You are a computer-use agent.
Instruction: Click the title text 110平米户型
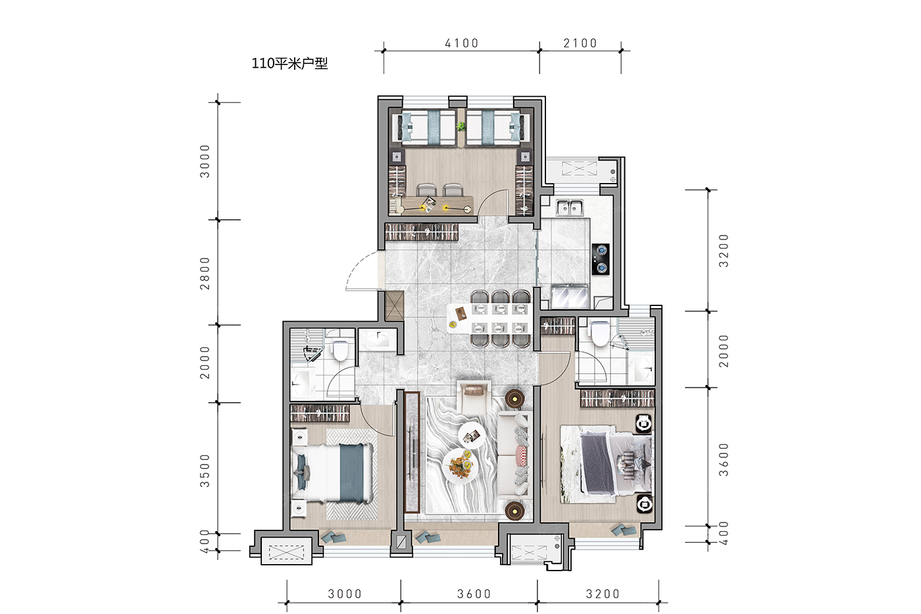[x=289, y=63]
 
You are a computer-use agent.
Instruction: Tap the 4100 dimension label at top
[x=462, y=43]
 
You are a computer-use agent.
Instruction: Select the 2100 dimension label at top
[x=580, y=43]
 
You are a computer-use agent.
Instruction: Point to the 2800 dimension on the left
[x=205, y=273]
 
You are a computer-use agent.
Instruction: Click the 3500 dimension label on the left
[x=205, y=471]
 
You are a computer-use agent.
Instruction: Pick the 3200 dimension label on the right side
[x=723, y=251]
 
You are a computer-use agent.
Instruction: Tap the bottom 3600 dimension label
[x=474, y=594]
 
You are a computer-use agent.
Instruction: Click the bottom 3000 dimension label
[x=345, y=594]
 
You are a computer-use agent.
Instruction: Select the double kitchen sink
[x=570, y=207]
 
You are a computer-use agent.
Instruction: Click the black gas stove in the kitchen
[x=601, y=259]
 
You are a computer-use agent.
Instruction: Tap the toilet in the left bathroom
[x=340, y=349]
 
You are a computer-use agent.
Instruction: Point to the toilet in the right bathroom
[x=599, y=333]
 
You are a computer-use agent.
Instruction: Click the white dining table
[x=488, y=319]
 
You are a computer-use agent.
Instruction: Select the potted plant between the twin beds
[x=461, y=126]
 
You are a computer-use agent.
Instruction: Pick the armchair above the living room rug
[x=474, y=396]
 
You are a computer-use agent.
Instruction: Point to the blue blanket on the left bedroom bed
[x=352, y=473]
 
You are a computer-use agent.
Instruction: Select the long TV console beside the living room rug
[x=412, y=452]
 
